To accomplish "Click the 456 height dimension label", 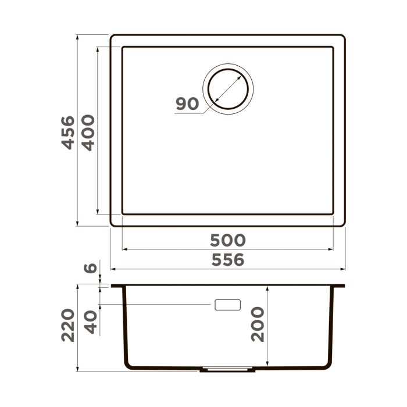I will tap(69, 133).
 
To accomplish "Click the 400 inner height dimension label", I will tap(87, 133).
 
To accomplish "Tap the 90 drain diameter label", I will tap(187, 103).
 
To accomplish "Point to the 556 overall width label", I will tap(228, 260).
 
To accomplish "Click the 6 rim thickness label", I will tap(90, 269).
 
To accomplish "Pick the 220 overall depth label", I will tap(69, 326).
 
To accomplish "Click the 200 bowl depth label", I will tap(258, 324).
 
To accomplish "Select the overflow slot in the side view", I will tap(227, 304).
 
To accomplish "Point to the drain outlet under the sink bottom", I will tap(227, 369).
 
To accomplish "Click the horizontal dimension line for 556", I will tap(174, 270).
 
